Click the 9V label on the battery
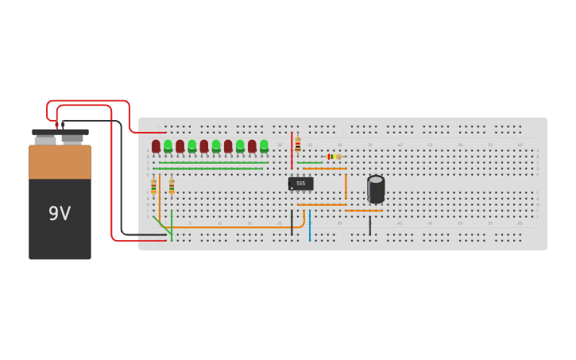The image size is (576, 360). point(60,214)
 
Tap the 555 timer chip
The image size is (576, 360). point(300,184)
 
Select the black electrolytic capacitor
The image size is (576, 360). point(376,189)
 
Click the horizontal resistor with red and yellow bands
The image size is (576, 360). point(334,157)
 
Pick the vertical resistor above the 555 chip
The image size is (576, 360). point(298,145)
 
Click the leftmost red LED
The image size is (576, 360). point(156,145)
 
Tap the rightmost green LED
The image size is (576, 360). point(264,145)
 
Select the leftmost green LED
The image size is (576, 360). point(168,145)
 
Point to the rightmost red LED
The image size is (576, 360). point(252,145)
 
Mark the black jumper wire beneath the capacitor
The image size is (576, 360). point(369,226)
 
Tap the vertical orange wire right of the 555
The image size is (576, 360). point(346,187)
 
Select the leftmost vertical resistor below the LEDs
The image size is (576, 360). point(153,187)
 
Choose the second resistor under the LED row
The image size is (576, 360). point(172,187)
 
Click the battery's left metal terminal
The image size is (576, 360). point(45,140)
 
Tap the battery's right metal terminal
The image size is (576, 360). point(72,138)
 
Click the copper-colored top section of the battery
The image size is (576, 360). point(60,162)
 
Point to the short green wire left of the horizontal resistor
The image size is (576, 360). point(310,163)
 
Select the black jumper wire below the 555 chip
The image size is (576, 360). point(292,223)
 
